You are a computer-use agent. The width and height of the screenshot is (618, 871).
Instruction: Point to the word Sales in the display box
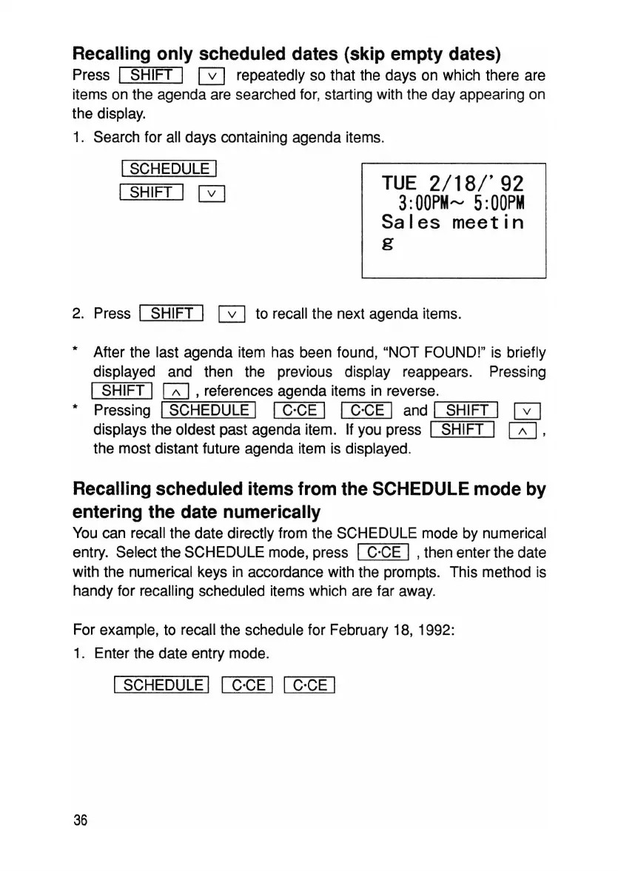(411, 221)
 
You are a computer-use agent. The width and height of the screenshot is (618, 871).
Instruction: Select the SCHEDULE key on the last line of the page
(165, 685)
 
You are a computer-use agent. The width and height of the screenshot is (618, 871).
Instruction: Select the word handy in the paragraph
(93, 591)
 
